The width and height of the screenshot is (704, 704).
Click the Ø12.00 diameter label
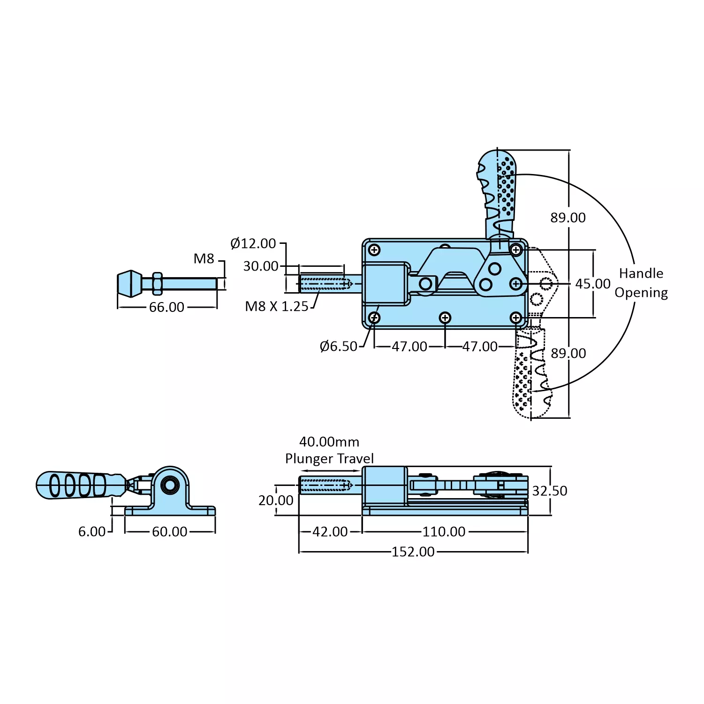tap(253, 243)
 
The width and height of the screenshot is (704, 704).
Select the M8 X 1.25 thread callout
tap(277, 307)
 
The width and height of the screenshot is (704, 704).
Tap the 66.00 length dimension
tap(167, 307)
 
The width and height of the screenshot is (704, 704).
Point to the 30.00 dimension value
tap(261, 266)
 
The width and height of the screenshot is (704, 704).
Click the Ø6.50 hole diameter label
tap(339, 347)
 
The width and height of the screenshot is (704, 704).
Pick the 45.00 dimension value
tap(593, 284)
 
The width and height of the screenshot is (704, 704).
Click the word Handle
tap(641, 273)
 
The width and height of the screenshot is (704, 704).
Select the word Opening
tap(641, 293)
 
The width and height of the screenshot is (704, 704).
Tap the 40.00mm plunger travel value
tap(329, 442)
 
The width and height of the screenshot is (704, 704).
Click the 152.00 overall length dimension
tap(413, 552)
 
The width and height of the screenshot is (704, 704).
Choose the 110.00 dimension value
tap(444, 532)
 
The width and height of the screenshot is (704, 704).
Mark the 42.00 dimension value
tap(330, 532)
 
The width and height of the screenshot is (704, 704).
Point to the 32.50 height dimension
tap(550, 491)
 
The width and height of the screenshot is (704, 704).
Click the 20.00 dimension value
tap(276, 501)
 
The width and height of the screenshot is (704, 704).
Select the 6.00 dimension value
tap(92, 532)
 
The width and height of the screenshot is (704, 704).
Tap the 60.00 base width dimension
tap(170, 532)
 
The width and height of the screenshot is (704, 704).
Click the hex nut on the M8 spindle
tap(157, 284)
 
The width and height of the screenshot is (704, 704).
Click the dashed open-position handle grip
tap(530, 375)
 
